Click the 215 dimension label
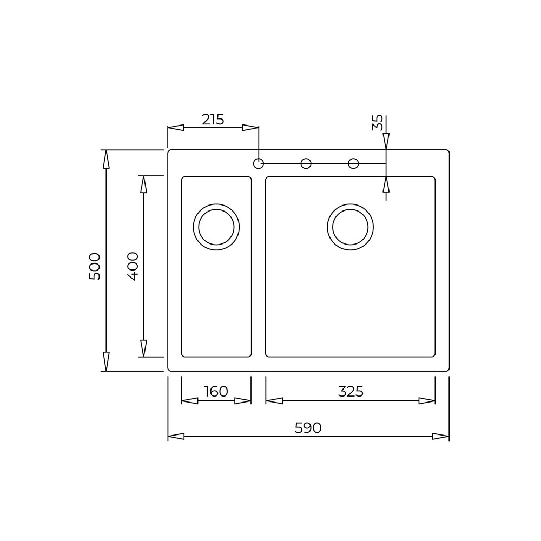213,120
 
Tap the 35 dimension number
378,122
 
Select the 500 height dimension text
95,266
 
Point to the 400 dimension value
133,266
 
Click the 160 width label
216,391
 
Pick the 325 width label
351,391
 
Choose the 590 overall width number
308,428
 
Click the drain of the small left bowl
216,227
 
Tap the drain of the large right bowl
350,227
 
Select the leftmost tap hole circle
259,163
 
